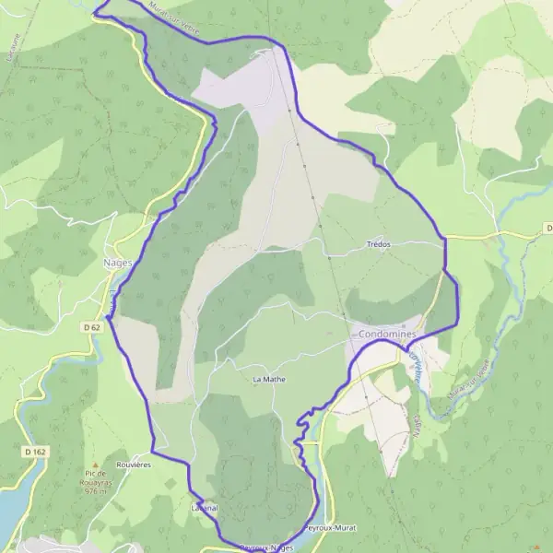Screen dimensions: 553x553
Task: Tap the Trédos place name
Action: tap(378, 245)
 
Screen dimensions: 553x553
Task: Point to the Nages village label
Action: tap(119, 262)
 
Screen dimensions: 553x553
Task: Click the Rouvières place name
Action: tap(134, 465)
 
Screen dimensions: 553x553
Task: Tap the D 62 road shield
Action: tap(90, 327)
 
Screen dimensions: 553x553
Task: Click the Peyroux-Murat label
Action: tap(329, 528)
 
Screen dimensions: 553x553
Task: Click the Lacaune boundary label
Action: tap(14, 46)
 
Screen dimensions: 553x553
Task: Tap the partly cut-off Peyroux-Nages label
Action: tap(265, 547)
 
